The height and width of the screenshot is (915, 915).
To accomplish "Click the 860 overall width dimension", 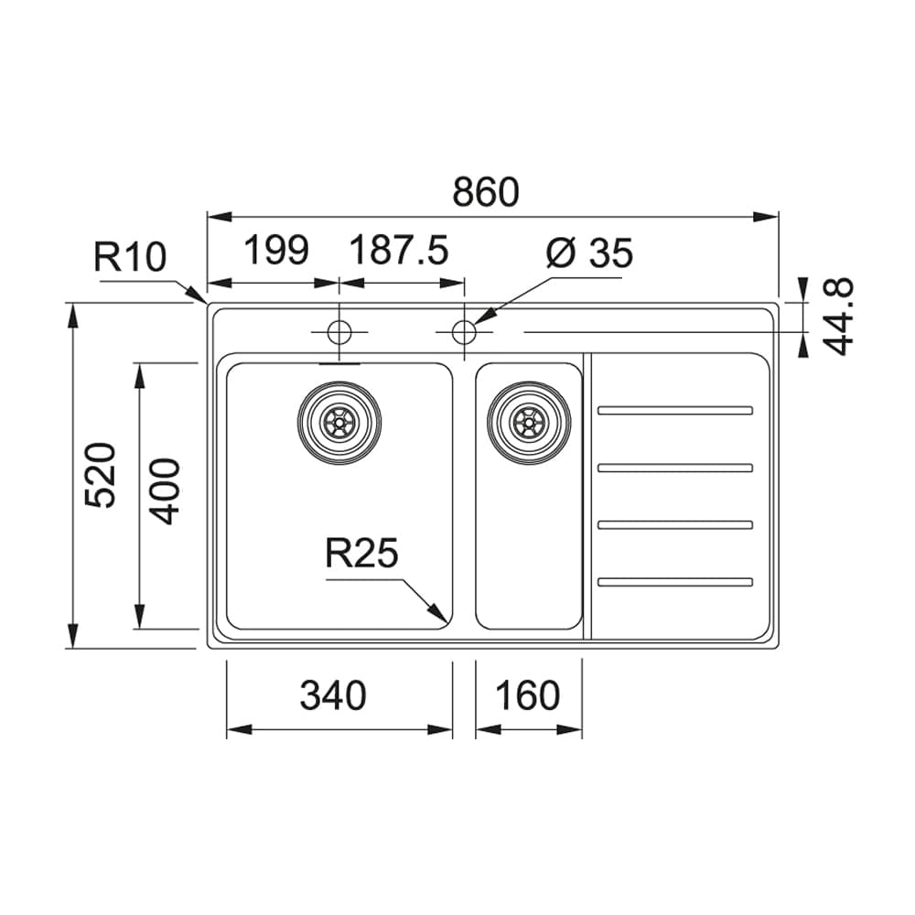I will [x=486, y=192].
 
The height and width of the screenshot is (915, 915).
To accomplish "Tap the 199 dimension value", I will [x=276, y=250].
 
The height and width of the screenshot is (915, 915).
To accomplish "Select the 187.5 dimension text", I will [x=398, y=250].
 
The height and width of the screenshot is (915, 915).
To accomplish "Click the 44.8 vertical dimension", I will [x=838, y=316].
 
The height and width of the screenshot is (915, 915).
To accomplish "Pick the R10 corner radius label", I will [x=130, y=258].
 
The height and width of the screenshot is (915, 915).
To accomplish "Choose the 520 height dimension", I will [x=100, y=475].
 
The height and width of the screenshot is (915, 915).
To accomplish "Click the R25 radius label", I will [x=361, y=554].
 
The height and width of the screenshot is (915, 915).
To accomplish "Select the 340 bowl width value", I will [x=333, y=695].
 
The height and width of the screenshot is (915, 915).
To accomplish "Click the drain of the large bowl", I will [x=339, y=421].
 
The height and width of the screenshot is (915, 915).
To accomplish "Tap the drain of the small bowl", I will [x=529, y=421].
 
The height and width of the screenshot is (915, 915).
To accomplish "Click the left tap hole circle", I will [x=339, y=331].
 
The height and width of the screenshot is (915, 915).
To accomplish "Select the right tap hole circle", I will [x=464, y=331].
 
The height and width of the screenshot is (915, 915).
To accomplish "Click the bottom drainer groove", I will [x=675, y=581].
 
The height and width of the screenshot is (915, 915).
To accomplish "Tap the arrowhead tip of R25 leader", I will [x=446, y=620].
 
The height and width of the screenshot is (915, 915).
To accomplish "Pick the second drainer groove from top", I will [x=675, y=468].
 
